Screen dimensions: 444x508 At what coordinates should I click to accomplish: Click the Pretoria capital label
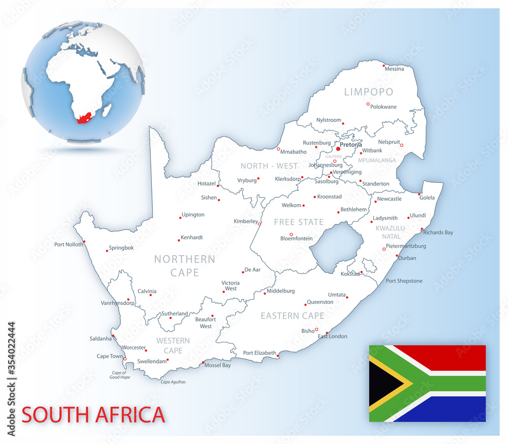351,145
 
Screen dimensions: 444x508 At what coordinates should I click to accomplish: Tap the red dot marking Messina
383,65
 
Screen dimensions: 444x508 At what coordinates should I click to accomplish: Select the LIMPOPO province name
369,92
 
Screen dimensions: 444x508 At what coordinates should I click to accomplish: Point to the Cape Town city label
110,356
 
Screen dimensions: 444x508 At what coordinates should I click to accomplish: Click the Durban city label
407,258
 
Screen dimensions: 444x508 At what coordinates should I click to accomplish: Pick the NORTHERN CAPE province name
185,266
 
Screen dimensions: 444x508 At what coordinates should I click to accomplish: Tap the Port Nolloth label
69,244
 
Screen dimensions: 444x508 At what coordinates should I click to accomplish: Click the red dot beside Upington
180,218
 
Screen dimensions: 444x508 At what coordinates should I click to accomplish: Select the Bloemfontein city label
297,239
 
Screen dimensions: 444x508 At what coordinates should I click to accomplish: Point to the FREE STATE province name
299,222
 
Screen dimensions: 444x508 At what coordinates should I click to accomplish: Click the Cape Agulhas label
173,382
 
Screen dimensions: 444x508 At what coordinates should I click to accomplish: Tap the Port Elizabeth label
260,353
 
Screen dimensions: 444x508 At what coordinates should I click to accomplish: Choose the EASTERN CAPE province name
293,315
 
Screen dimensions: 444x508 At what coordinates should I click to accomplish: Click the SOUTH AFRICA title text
93,415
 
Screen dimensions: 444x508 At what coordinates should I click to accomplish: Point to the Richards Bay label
438,233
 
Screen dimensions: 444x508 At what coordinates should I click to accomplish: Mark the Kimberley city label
246,221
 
